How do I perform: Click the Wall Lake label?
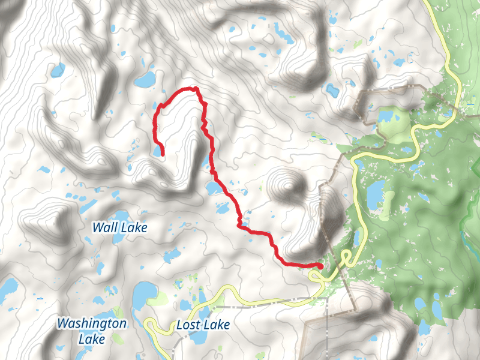pyautogui.click(x=119, y=227)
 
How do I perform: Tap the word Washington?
pyautogui.click(x=92, y=324)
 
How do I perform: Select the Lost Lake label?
pyautogui.click(x=203, y=325)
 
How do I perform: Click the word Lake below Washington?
pyautogui.click(x=92, y=339)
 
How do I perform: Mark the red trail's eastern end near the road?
pyautogui.click(x=320, y=266)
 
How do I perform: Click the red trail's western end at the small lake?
pyautogui.click(x=162, y=155)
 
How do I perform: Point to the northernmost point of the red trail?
pyautogui.click(x=194, y=88)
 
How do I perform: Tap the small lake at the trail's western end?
pyautogui.click(x=158, y=151)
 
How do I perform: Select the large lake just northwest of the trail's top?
pyautogui.click(x=144, y=79)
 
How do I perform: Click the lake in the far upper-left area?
pyautogui.click(x=58, y=71)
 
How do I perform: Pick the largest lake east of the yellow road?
pyautogui.click(x=375, y=194)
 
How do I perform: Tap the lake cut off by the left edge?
pyautogui.click(x=7, y=291)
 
